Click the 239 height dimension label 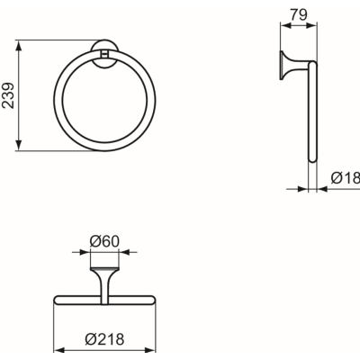8,95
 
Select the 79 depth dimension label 299,14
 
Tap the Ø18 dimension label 346,178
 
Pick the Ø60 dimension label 104,241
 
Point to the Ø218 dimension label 104,339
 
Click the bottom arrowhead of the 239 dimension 19,146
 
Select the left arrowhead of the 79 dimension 285,26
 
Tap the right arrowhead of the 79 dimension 311,26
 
